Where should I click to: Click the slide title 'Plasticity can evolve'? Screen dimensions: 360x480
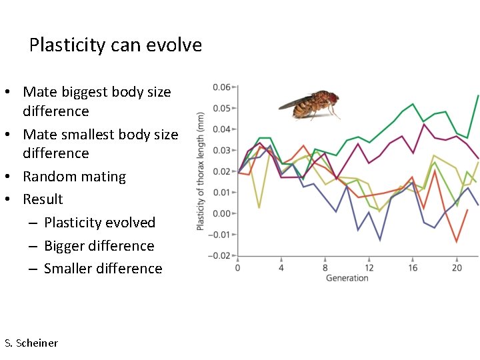115,45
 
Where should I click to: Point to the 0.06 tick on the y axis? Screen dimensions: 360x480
221,87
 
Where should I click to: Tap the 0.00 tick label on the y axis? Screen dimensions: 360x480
221,213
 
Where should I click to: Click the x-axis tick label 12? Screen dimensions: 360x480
369,268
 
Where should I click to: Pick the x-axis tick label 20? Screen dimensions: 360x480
457,268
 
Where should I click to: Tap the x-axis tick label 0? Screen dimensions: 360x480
238,268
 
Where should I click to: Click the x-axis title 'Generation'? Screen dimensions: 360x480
347,278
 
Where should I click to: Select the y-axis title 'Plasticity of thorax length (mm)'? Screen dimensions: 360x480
201,171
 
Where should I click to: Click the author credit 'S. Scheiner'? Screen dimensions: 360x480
31,343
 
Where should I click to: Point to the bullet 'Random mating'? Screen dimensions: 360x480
74,177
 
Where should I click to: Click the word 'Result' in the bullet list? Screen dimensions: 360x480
43,199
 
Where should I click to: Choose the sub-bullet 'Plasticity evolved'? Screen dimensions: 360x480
99,223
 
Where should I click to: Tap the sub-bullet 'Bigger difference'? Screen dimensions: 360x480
99,246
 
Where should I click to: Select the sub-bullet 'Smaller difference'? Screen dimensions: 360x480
103,269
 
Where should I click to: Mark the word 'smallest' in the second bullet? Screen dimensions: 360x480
91,135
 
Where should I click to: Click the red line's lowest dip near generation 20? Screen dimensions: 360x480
457,241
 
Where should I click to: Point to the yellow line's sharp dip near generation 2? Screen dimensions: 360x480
259,207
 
